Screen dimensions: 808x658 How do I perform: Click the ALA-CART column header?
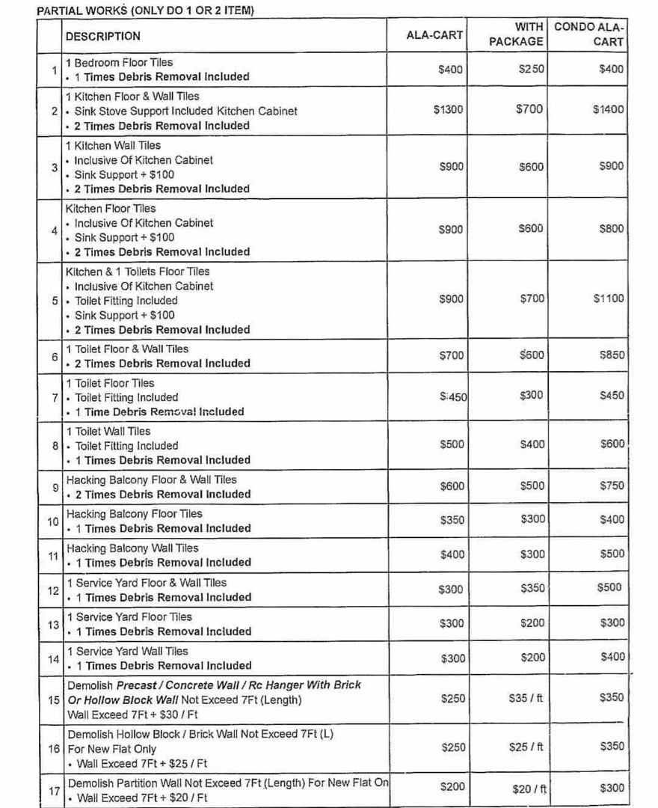click(x=434, y=34)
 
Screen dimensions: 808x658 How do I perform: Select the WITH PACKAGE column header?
click(x=517, y=34)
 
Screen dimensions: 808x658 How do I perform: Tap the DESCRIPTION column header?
click(x=102, y=36)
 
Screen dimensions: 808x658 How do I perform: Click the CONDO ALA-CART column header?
click(x=589, y=34)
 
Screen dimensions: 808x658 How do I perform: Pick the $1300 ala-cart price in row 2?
click(x=449, y=109)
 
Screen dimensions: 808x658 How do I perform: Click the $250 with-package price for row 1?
click(x=532, y=69)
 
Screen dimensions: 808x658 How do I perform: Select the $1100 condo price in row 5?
click(x=608, y=299)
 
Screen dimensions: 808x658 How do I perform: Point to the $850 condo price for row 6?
click(x=611, y=355)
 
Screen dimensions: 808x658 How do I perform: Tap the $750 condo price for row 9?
click(x=611, y=486)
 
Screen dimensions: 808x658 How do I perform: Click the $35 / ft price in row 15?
click(x=526, y=698)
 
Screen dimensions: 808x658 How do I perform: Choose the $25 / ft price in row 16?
click(x=526, y=747)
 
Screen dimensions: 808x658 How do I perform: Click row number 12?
click(x=53, y=590)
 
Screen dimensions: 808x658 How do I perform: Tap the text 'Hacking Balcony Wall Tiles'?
click(x=132, y=548)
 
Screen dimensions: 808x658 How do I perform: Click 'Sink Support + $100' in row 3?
click(x=124, y=174)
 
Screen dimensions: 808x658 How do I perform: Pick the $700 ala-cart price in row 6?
click(x=452, y=355)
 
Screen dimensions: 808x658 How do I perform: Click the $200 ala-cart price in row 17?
click(x=452, y=786)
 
